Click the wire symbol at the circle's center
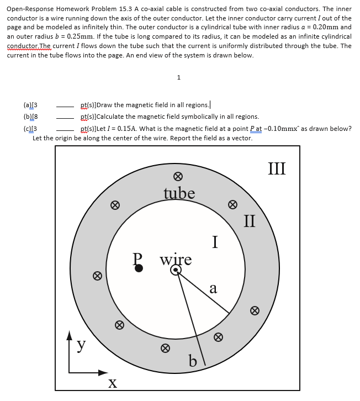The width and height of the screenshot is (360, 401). (176, 270)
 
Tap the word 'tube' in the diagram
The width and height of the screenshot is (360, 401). (179, 193)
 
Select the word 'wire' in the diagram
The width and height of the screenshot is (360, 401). (176, 258)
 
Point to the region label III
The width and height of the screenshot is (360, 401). (277, 167)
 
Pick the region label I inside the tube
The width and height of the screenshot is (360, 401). (216, 241)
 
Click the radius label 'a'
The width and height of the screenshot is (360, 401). (213, 288)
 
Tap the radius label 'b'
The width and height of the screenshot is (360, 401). (193, 361)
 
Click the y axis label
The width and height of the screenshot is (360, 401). (81, 344)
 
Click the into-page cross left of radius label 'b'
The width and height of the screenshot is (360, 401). (164, 348)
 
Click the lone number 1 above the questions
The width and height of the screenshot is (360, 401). (179, 77)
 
